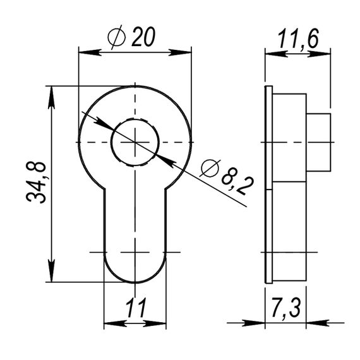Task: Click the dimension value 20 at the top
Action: tap(143, 37)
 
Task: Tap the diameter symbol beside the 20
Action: tap(117, 37)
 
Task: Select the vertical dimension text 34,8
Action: tap(36, 183)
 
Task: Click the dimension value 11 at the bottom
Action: tap(136, 308)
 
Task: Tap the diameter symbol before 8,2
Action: tap(210, 168)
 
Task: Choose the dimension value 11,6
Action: tap(298, 39)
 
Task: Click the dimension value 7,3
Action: tap(285, 307)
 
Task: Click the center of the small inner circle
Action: tap(135, 142)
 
